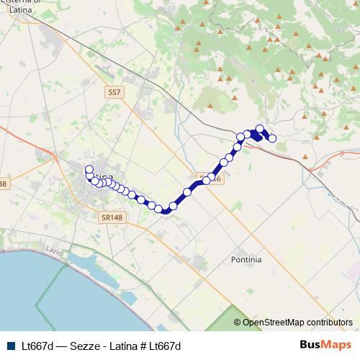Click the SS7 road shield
tap(114, 92)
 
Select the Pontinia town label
tap(247, 258)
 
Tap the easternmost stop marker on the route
tap(272, 138)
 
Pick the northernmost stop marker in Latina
tap(89, 170)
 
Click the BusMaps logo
tap(325, 345)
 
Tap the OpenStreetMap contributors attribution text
tap(297, 322)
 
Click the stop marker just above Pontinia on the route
tap(187, 192)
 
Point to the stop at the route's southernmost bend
tap(166, 210)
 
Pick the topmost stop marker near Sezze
tap(260, 129)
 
